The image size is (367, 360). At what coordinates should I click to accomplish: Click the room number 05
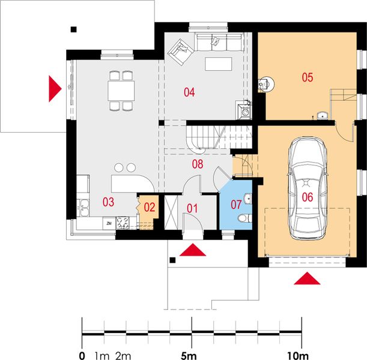pyautogui.click(x=308, y=77)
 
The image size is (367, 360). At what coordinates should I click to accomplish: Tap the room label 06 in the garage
pyautogui.click(x=308, y=197)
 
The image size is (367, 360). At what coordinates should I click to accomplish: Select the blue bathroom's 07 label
pyautogui.click(x=236, y=205)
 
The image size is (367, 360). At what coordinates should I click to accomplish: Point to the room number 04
pyautogui.click(x=189, y=92)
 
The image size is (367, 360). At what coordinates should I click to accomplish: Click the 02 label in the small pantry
pyautogui.click(x=150, y=207)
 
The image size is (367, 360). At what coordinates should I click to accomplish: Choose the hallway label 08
pyautogui.click(x=198, y=164)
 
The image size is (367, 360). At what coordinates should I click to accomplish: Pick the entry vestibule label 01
pyautogui.click(x=192, y=209)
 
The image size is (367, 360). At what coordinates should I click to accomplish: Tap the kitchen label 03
pyautogui.click(x=108, y=202)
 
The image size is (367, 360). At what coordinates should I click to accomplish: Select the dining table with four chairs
pyautogui.click(x=121, y=91)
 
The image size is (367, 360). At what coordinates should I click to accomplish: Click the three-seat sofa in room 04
pyautogui.click(x=220, y=42)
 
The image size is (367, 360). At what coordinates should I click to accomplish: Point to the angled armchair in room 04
pyautogui.click(x=181, y=52)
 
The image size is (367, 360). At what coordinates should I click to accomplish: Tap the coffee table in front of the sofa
pyautogui.click(x=219, y=64)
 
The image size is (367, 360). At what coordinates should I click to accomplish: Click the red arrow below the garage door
pyautogui.click(x=307, y=278)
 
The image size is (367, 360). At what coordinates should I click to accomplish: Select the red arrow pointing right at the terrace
pyautogui.click(x=55, y=89)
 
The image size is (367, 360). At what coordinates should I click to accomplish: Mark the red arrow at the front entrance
pyautogui.click(x=193, y=250)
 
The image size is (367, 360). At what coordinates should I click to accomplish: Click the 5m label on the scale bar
pyautogui.click(x=189, y=356)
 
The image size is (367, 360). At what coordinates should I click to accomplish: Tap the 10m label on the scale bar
pyautogui.click(x=298, y=356)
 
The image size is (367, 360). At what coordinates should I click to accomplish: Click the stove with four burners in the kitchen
pyautogui.click(x=123, y=223)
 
